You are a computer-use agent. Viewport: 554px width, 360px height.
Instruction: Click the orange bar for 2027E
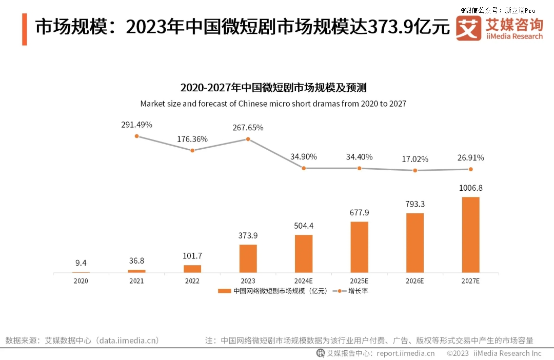point(470,235)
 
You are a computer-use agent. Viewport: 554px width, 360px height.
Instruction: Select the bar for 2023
point(248,258)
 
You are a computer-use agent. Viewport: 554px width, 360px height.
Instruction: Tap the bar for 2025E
point(359,247)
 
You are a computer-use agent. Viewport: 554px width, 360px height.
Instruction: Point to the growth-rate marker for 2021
point(136,136)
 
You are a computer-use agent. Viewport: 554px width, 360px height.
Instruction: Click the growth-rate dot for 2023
point(248,139)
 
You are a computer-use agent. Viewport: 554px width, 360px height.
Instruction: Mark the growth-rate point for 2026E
point(415,170)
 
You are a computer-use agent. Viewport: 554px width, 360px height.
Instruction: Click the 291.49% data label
point(136,125)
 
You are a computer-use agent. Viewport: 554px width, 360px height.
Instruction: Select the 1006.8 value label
point(470,188)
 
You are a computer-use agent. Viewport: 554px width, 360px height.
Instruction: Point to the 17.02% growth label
point(414,159)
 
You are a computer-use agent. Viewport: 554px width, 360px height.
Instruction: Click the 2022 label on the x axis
point(192,281)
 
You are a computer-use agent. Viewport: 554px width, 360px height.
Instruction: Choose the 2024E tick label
point(304,281)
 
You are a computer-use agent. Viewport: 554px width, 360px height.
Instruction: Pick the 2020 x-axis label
point(81,281)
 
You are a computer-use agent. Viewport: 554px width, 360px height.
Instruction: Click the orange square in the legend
point(224,291)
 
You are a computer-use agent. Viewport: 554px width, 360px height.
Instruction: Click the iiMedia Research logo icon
point(468,28)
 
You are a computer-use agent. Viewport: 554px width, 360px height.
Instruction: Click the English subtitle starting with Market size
point(273,104)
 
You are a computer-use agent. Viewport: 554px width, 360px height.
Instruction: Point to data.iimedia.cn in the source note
point(129,340)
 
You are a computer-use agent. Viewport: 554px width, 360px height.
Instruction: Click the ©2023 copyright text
point(458,353)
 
